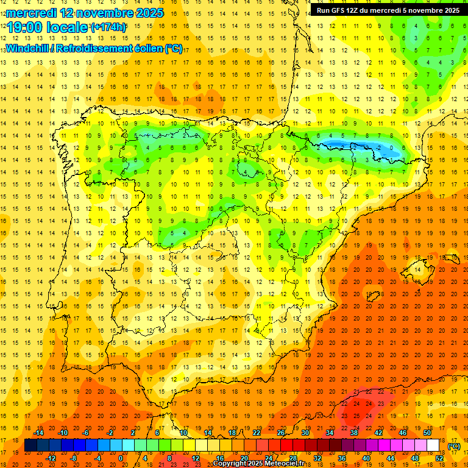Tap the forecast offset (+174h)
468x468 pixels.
[x=108, y=27]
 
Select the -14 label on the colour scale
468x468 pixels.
[x=38, y=433]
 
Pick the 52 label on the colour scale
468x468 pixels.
[x=439, y=458]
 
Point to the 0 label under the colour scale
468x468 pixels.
[x=121, y=458]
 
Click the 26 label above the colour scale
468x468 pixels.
[x=281, y=433]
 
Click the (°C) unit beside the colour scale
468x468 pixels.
[x=454, y=446]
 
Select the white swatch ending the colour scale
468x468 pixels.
[x=433, y=445]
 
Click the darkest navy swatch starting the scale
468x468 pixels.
[x=31, y=445]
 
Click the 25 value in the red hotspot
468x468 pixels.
[x=357, y=416]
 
